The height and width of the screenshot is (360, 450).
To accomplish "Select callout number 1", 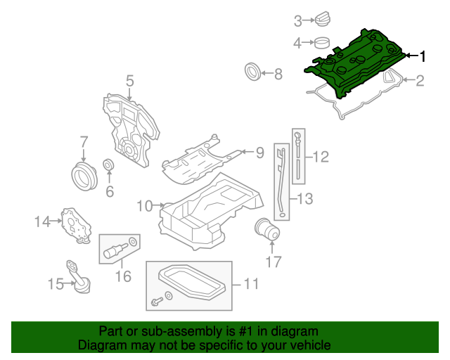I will coord(422,56).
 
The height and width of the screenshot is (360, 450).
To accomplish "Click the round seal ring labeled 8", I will coord(251,72).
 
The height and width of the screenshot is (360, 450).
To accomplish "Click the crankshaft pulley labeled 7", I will coord(84,175).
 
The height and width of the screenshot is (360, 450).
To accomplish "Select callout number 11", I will coord(251,284).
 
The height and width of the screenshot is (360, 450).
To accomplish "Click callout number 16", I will coord(123,276).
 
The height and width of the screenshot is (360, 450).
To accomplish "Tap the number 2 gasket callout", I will coord(420,81).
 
